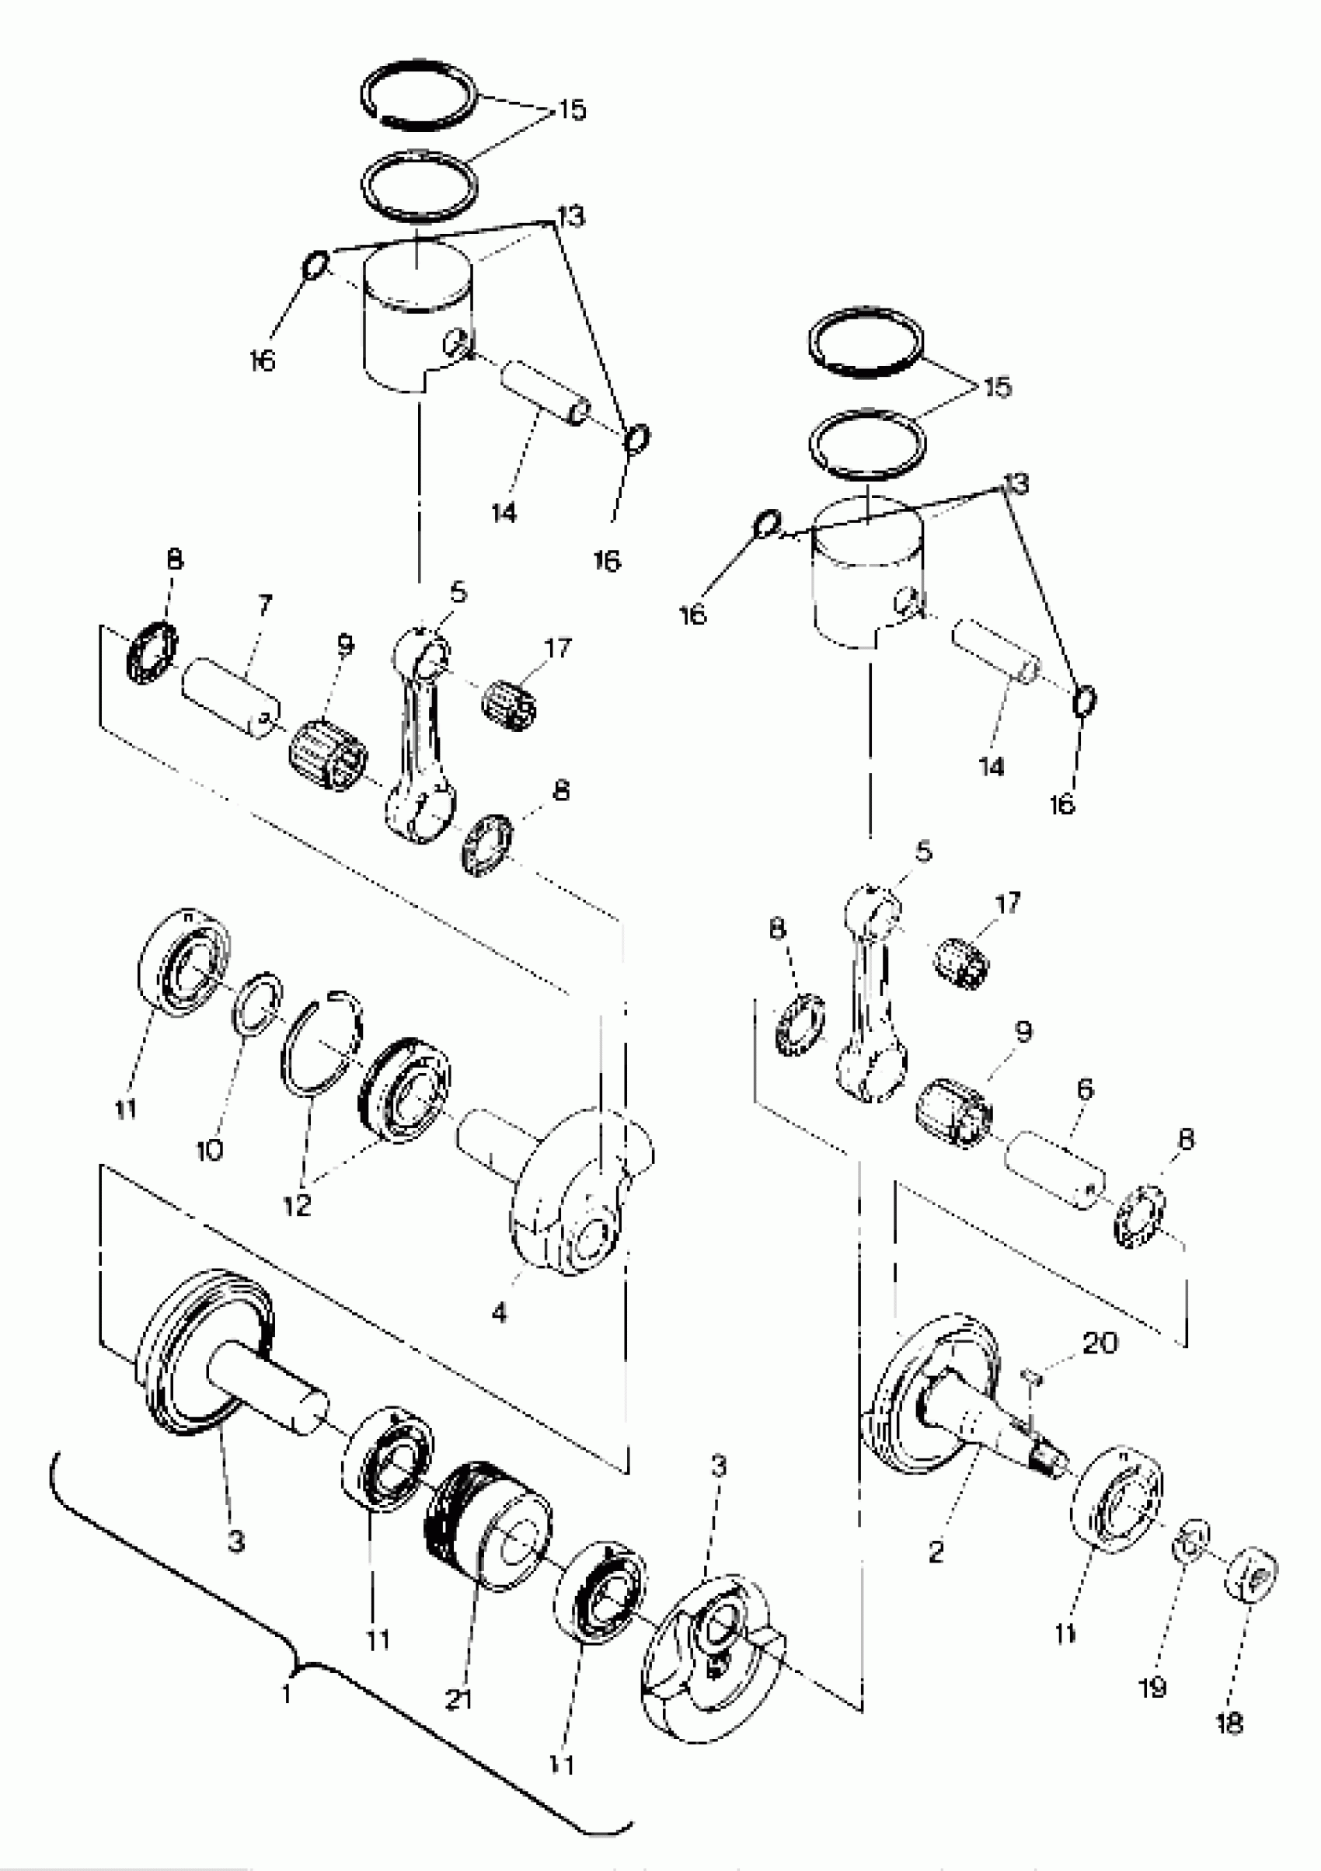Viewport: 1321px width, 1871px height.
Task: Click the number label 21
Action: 458,1700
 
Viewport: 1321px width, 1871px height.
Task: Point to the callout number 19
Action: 1152,1688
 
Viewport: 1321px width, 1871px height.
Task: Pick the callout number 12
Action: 298,1204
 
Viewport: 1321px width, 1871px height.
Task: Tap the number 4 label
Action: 499,1312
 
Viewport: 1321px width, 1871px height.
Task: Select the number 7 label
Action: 265,605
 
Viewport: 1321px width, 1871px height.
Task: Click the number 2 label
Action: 936,1552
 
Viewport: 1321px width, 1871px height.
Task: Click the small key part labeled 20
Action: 1030,1375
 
